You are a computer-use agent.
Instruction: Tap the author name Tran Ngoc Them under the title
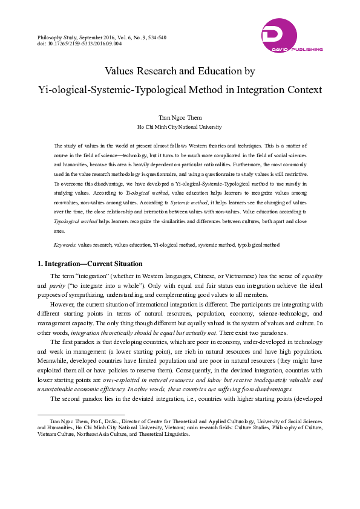tap(180, 117)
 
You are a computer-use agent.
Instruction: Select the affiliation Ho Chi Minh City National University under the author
tap(180, 128)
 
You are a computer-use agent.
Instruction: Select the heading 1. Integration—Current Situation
tap(90, 264)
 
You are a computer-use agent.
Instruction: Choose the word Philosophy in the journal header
tap(51, 37)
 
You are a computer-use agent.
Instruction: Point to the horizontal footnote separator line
tap(81, 415)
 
